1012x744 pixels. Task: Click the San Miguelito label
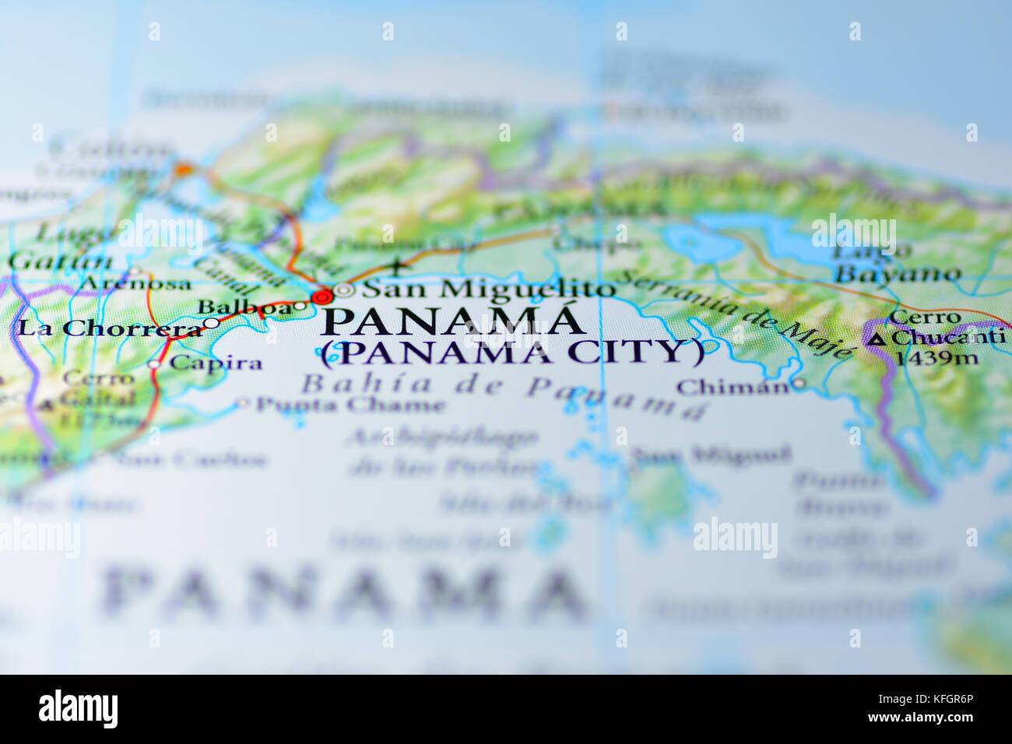[489, 289]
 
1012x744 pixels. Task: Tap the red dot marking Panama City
[322, 297]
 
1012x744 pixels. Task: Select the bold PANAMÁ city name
[452, 321]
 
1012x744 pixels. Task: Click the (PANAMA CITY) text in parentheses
[512, 353]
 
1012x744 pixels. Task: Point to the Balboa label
[244, 307]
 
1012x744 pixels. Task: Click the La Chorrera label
[109, 328]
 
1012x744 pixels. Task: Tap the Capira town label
[216, 363]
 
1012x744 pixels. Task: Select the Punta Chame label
[350, 405]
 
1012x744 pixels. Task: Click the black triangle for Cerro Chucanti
[876, 339]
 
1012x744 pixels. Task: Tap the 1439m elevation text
[936, 359]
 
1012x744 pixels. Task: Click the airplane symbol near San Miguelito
[399, 267]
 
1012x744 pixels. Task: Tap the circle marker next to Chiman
[798, 384]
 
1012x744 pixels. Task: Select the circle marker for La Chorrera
[211, 323]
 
